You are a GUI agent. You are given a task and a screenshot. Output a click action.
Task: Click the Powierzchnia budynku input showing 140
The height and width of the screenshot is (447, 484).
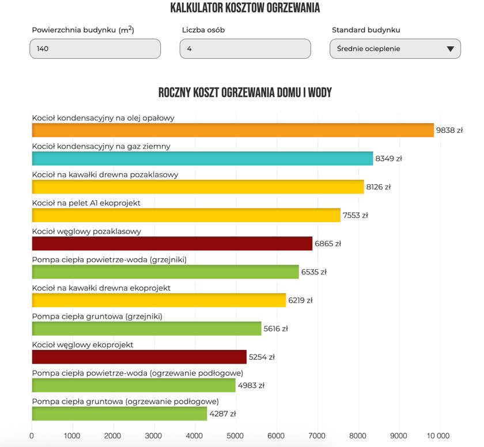click(95, 49)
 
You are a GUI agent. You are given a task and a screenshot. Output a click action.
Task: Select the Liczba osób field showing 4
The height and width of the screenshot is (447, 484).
click(245, 49)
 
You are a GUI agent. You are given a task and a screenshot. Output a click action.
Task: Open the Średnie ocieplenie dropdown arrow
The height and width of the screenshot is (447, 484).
click(450, 49)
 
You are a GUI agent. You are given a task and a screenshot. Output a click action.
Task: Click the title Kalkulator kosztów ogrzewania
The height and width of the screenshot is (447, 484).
click(245, 8)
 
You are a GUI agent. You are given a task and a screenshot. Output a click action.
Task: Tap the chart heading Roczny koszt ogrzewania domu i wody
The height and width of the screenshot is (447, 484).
click(245, 93)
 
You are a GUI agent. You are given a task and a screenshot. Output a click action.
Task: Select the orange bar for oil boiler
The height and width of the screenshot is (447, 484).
click(232, 130)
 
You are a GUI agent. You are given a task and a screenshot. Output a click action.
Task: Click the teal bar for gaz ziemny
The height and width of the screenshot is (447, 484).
click(202, 159)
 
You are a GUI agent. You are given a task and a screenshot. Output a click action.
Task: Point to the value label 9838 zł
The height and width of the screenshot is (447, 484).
click(449, 131)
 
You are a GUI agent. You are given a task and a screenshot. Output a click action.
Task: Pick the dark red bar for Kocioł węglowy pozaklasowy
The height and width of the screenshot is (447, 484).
click(172, 243)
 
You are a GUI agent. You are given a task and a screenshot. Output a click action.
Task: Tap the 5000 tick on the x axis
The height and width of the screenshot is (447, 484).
click(236, 435)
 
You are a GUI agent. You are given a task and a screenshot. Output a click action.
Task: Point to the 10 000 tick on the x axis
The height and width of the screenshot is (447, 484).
click(440, 435)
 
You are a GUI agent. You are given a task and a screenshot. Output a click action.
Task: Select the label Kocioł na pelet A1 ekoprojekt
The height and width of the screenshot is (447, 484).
click(86, 203)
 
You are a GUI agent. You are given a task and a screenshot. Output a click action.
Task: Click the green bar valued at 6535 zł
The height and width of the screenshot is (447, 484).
click(165, 272)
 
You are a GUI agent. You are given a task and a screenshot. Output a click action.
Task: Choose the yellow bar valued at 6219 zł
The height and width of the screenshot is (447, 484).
click(158, 300)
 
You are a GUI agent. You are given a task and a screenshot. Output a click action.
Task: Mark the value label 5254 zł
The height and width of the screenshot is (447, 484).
click(262, 357)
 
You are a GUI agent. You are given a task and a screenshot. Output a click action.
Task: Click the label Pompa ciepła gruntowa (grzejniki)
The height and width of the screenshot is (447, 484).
click(97, 316)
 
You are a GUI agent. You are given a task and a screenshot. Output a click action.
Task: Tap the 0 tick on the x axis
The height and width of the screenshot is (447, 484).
click(32, 435)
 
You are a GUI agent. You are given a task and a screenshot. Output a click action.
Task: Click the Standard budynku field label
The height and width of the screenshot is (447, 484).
click(366, 30)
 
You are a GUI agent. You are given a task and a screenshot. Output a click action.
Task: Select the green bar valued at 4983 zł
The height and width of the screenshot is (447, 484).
click(133, 385)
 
